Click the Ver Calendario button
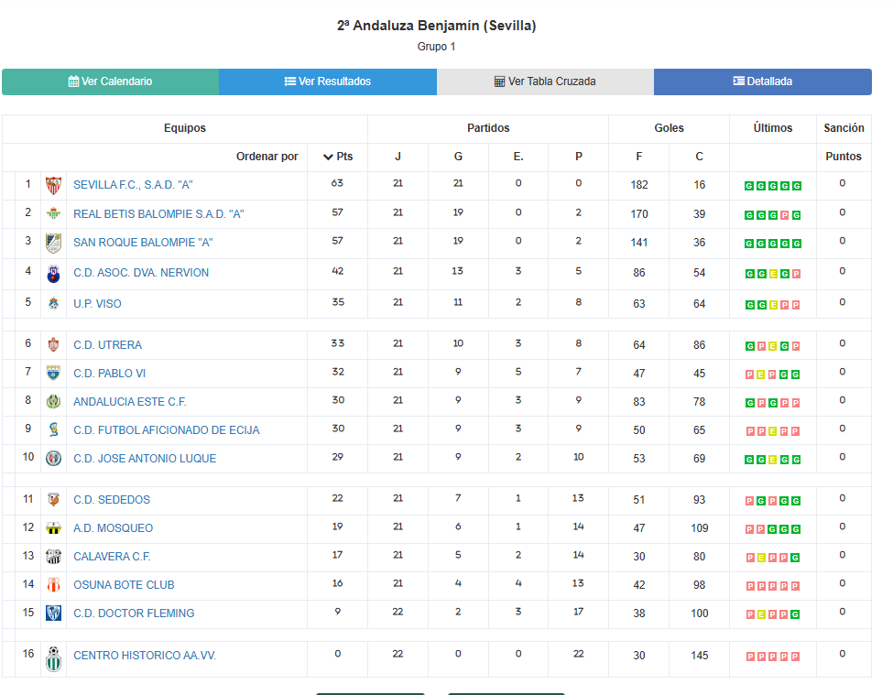tap(110, 81)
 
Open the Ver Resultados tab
tap(327, 81)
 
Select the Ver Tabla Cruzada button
tap(545, 81)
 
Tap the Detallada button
tap(762, 81)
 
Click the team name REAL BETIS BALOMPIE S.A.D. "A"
tap(158, 214)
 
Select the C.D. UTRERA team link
tap(107, 345)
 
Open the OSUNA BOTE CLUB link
tap(124, 585)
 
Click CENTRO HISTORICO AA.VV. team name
tap(145, 656)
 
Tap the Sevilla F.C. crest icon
tap(53, 185)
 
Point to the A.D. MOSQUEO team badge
tap(53, 528)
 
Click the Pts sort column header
tap(337, 157)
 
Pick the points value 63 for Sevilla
tap(337, 184)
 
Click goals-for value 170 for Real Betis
tap(638, 214)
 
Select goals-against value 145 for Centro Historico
tap(699, 656)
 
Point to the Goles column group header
tap(669, 128)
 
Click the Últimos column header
tap(772, 128)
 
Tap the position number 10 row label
tap(28, 458)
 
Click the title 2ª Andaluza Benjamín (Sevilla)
tap(436, 26)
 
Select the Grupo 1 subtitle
tap(436, 47)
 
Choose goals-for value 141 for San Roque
tap(638, 243)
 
